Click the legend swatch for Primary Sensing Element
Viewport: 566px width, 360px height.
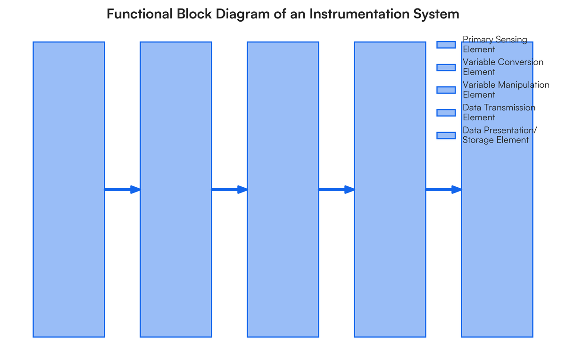click(x=446, y=44)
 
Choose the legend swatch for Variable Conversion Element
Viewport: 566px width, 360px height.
click(x=446, y=67)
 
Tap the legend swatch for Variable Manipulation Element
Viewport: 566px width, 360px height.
click(x=446, y=90)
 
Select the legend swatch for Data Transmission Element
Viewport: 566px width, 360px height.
click(x=446, y=112)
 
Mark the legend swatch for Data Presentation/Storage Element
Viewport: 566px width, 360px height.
click(x=446, y=135)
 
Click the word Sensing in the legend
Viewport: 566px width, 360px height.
click(x=509, y=40)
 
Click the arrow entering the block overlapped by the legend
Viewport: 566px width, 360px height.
click(x=443, y=190)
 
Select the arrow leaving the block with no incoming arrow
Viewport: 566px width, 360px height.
click(x=122, y=190)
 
